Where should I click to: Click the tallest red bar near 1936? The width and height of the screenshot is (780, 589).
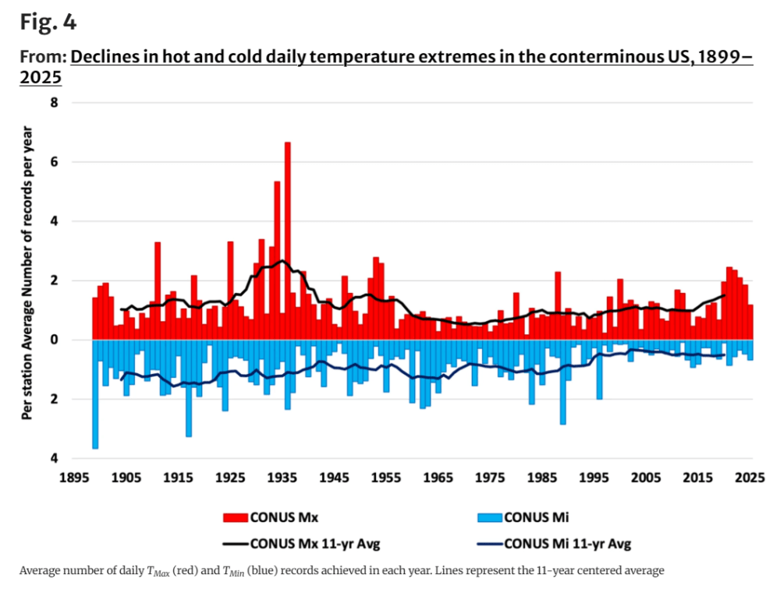[x=287, y=242]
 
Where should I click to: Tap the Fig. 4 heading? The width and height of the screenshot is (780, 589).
[x=48, y=23]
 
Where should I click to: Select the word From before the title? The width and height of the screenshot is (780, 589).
[x=41, y=57]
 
